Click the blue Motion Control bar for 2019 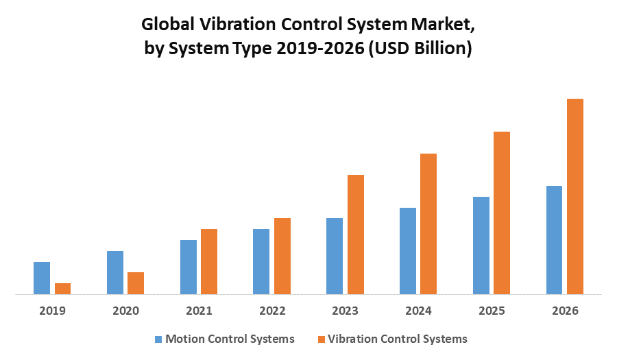[42, 278]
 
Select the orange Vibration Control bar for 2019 [62, 289]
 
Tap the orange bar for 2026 [574, 196]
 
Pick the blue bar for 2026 [554, 240]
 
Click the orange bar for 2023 [355, 235]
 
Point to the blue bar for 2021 [189, 267]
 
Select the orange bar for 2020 [136, 283]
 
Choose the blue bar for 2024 [408, 251]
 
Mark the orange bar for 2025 [502, 213]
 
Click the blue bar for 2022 [261, 261]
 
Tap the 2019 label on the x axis [52, 311]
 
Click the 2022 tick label [272, 311]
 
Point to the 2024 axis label [418, 311]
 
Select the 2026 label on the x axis [565, 311]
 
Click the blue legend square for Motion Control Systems [159, 339]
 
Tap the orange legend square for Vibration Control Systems [321, 339]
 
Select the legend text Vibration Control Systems [398, 339]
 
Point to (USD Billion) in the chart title [420, 49]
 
